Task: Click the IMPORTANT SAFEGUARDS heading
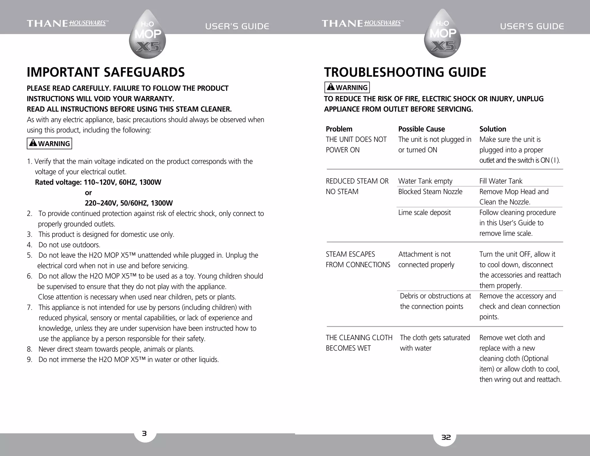click(106, 72)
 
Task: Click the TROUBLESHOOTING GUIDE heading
click(405, 72)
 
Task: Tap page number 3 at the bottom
click(145, 433)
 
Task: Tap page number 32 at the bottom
click(446, 437)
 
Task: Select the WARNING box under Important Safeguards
click(49, 143)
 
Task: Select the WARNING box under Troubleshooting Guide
click(347, 87)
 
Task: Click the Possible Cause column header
click(421, 129)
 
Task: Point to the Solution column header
click(492, 129)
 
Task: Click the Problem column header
click(339, 129)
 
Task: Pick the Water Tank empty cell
click(425, 181)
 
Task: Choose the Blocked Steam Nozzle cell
click(430, 191)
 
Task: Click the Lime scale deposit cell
click(424, 212)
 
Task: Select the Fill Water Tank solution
click(500, 181)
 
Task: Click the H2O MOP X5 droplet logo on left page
click(147, 35)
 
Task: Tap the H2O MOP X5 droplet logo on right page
click(442, 34)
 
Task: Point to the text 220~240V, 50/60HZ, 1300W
click(128, 203)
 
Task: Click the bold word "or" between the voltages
click(88, 193)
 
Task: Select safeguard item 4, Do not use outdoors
click(69, 245)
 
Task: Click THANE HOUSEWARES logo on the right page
click(362, 23)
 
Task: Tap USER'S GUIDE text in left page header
click(237, 27)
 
